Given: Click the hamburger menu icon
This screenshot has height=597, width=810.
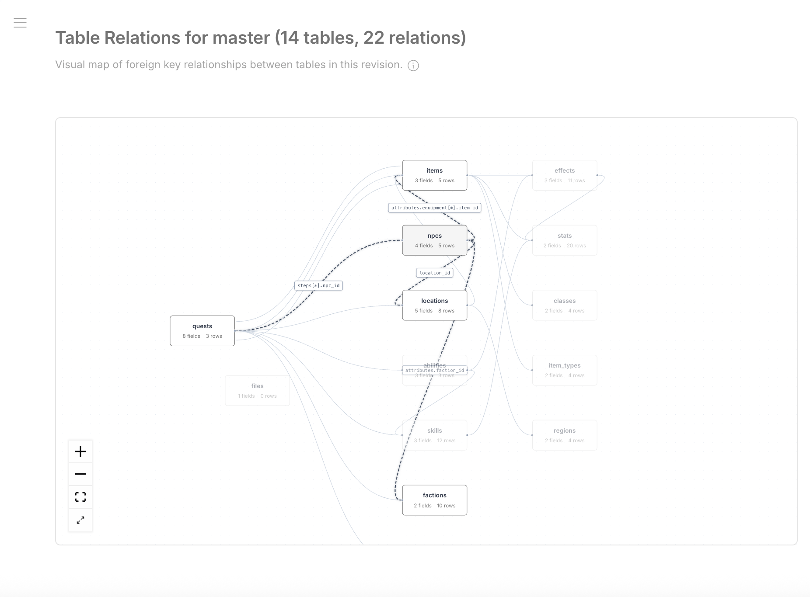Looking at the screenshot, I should pyautogui.click(x=20, y=23).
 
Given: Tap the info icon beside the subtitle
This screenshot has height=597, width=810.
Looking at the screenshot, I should pyautogui.click(x=413, y=66).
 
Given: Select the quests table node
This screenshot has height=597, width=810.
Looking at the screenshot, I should pyautogui.click(x=202, y=331).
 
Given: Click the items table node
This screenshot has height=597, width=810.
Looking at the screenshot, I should pyautogui.click(x=434, y=175).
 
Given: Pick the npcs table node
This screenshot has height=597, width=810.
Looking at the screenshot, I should pyautogui.click(x=434, y=240).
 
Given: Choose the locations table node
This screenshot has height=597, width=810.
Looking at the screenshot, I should pyautogui.click(x=434, y=305).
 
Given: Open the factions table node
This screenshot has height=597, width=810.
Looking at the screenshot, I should pyautogui.click(x=434, y=500).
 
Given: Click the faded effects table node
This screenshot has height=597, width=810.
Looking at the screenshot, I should pyautogui.click(x=564, y=175).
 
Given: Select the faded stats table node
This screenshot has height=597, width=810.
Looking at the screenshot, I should pyautogui.click(x=564, y=240).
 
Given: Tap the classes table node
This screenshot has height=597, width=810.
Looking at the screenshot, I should pyautogui.click(x=564, y=305).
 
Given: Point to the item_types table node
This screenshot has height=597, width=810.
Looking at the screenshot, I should pyautogui.click(x=564, y=370).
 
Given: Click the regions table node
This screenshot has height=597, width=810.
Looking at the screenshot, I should pyautogui.click(x=564, y=435).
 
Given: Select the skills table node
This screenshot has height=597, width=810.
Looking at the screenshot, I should pyautogui.click(x=434, y=435).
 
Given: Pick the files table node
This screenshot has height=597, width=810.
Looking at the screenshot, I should pyautogui.click(x=257, y=391).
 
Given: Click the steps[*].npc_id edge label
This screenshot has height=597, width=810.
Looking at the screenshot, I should pyautogui.click(x=318, y=285).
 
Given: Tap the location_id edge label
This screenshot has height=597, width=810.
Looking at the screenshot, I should pyautogui.click(x=434, y=273).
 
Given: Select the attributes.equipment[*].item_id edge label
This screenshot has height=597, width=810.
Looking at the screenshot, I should pyautogui.click(x=434, y=208).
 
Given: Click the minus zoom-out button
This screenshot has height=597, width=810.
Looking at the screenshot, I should pyautogui.click(x=80, y=474).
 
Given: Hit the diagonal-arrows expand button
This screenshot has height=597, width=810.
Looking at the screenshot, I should pyautogui.click(x=80, y=520).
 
